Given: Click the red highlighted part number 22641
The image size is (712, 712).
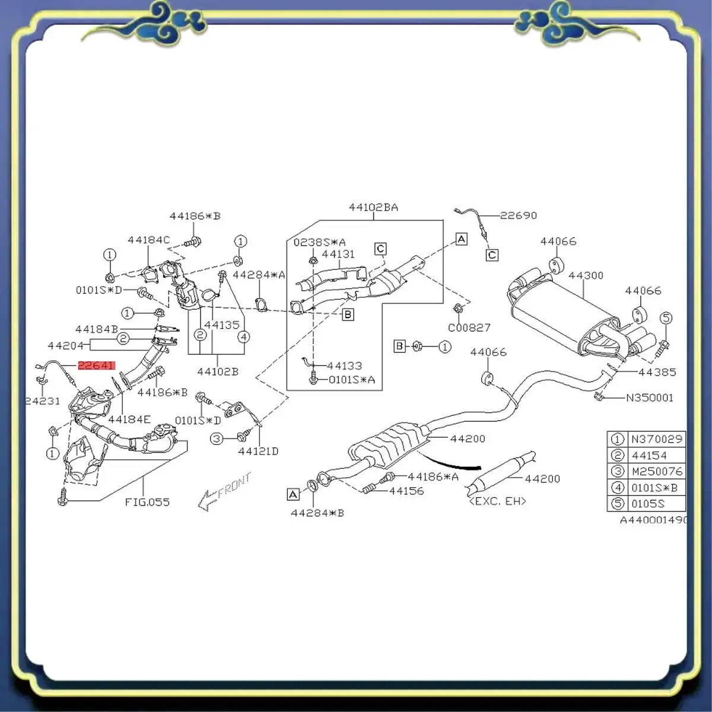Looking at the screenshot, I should (x=97, y=365).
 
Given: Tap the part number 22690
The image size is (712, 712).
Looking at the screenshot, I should (x=518, y=215).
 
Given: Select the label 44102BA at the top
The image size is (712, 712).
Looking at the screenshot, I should (x=373, y=207).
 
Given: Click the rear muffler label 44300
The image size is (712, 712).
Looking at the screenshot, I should (x=586, y=275).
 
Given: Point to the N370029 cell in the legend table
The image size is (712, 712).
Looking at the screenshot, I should (x=656, y=439).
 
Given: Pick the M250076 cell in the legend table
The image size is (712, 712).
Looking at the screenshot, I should (x=656, y=471).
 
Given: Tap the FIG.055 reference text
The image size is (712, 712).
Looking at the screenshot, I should (x=147, y=502).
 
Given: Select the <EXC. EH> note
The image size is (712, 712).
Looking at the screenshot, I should (x=497, y=501).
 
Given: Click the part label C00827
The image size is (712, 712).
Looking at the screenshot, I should (x=469, y=327).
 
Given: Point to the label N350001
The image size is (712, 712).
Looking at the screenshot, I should (x=650, y=398).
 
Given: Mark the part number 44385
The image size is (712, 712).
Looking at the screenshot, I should (x=657, y=372).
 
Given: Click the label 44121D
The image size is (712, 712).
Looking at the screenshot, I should (x=258, y=451).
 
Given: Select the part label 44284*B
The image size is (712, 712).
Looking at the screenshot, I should (x=317, y=513).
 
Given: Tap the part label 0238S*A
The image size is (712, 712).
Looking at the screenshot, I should (x=319, y=242).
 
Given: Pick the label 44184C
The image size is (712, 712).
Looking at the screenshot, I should (x=148, y=240).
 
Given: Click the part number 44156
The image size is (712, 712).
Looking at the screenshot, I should (x=406, y=491).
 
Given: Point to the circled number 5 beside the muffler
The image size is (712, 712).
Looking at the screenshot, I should (x=666, y=318).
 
